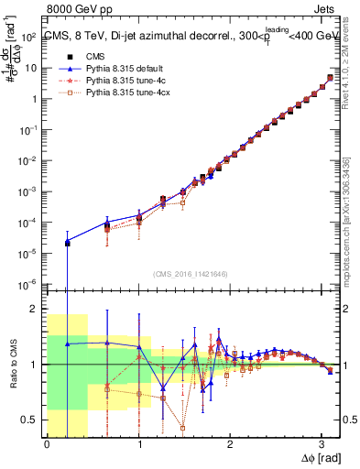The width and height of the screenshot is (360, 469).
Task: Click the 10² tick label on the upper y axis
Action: click(30, 37)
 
